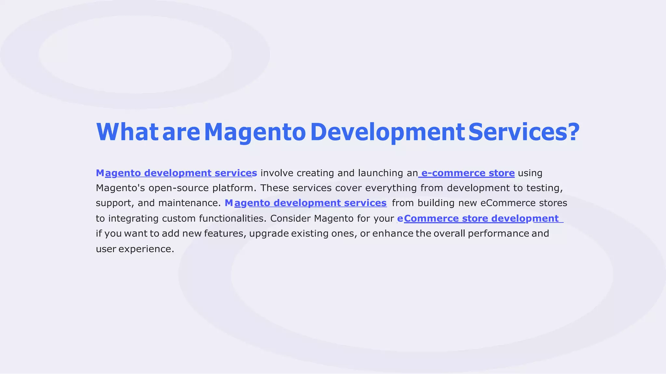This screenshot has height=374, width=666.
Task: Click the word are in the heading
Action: [x=181, y=133]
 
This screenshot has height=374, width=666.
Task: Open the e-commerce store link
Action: [x=468, y=173]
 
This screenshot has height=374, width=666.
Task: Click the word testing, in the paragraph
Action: [x=544, y=188]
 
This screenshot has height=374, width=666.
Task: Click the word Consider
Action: [x=290, y=218]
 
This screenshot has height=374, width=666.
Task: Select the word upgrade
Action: [x=269, y=234]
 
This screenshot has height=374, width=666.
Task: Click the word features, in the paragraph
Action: [x=225, y=234]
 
